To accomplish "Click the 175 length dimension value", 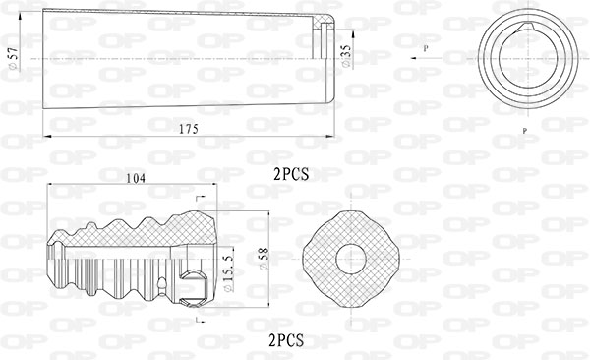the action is (188, 129).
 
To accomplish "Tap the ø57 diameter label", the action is (13, 58).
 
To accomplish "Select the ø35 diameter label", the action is (346, 56).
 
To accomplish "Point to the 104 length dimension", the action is (135, 178).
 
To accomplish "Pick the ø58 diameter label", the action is (265, 259).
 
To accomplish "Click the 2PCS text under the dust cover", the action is (291, 174).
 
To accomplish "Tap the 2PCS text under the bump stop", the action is (286, 340).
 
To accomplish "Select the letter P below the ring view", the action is (524, 131).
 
